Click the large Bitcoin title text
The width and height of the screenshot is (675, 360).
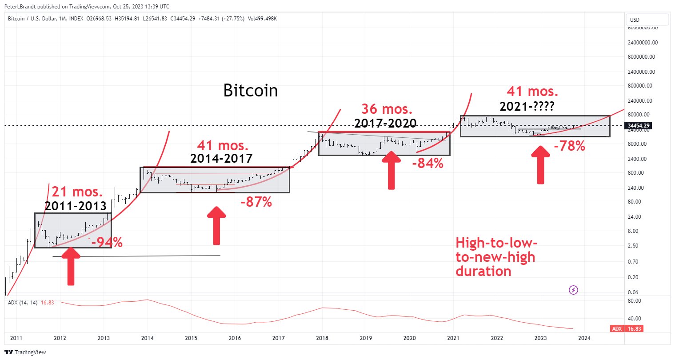coord(250,91)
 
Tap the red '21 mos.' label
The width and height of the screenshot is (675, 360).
coord(77,192)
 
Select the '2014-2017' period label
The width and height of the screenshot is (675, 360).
coord(221,158)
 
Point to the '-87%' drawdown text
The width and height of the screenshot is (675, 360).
coord(256,202)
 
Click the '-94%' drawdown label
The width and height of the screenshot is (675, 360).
coord(107,242)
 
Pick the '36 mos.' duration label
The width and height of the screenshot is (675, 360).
coord(387,109)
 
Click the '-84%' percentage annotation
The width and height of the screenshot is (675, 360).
coord(427,164)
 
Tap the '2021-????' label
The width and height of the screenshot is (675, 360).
coord(527,107)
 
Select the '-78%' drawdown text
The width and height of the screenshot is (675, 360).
coord(569,146)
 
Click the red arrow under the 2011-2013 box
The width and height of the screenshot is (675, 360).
coord(71,266)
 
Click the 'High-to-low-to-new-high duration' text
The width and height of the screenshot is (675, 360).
coord(496,257)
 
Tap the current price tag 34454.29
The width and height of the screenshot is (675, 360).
coord(639,126)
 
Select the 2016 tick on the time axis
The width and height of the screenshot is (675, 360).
coord(235,338)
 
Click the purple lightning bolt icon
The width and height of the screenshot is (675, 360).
coord(573,290)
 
